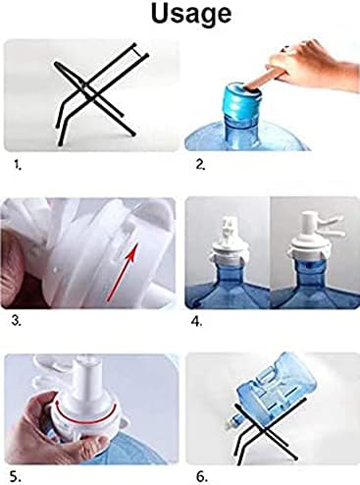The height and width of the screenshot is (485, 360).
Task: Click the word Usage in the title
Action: click(191, 15)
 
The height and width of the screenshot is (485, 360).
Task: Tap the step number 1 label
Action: click(18, 164)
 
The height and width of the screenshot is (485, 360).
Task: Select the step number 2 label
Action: click(200, 164)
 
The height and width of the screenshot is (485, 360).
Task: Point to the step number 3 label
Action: click(17, 321)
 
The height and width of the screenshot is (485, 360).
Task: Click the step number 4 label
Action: click(197, 322)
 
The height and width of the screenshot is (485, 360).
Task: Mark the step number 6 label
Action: click(202, 476)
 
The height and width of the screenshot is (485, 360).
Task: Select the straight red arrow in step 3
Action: click(122, 271)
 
